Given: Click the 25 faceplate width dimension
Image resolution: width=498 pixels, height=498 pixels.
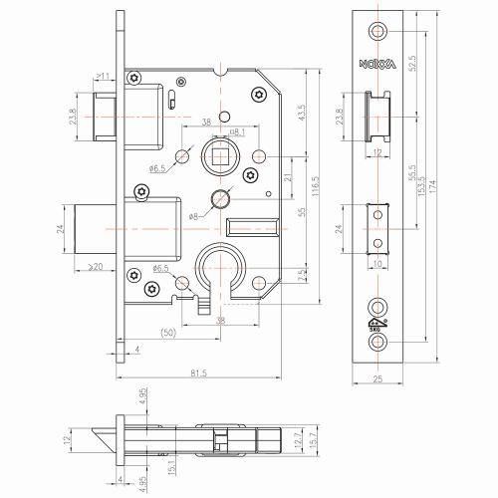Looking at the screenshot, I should pyautogui.click(x=376, y=378).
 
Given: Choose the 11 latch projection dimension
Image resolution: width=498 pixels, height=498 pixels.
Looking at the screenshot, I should pyautogui.click(x=104, y=74).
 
